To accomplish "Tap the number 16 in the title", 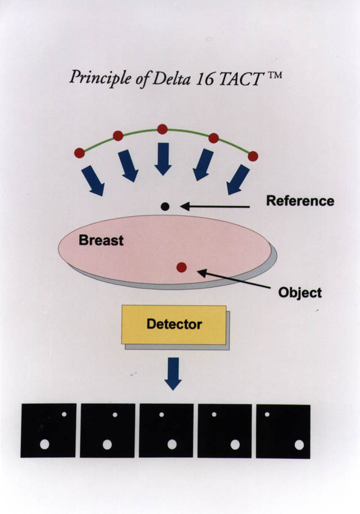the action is [x=205, y=79].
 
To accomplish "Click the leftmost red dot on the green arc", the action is [x=80, y=153].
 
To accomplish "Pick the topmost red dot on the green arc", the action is [x=163, y=129].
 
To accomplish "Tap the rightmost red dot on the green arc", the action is [x=253, y=156].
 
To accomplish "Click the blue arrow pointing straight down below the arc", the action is [x=163, y=159].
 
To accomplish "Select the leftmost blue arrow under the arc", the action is [x=93, y=181].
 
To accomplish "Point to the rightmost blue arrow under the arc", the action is [x=238, y=179].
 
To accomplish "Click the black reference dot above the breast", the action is [x=165, y=206].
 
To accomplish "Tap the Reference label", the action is [x=300, y=201].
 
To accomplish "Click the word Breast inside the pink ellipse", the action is [x=101, y=240].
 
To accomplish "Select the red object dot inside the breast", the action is [x=181, y=268].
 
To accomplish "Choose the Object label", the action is [x=300, y=292].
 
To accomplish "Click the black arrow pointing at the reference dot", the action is [x=215, y=206].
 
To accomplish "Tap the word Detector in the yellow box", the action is [x=174, y=324].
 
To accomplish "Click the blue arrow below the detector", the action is [x=173, y=374].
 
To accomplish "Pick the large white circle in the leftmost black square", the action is [x=44, y=444].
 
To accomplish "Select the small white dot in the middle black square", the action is [x=161, y=414].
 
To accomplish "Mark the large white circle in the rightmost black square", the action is [x=299, y=445].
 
